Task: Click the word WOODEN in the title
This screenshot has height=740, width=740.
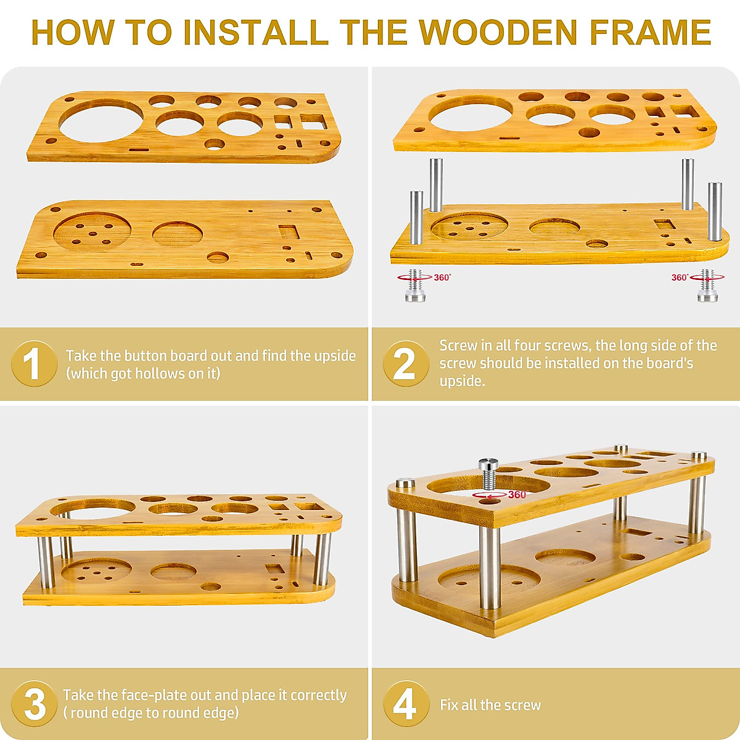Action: (x=498, y=33)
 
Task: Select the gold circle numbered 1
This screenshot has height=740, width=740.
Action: (x=34, y=364)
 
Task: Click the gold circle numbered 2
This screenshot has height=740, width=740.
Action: (x=406, y=364)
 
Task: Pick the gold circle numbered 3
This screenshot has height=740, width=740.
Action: (x=34, y=704)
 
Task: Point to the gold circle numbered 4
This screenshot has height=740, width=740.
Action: (x=406, y=704)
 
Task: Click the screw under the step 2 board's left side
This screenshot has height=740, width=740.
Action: (x=415, y=286)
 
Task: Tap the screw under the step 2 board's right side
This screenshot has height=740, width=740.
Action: (x=707, y=286)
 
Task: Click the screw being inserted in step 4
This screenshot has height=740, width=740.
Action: (x=488, y=474)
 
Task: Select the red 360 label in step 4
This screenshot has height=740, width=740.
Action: (x=517, y=495)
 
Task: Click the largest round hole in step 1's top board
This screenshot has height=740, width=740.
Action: (x=101, y=120)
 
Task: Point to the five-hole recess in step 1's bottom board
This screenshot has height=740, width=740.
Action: (x=92, y=232)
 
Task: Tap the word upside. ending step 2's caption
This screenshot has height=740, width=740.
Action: (x=462, y=381)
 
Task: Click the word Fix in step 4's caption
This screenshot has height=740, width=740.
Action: (x=448, y=705)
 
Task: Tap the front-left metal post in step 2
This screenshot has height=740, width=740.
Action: (x=416, y=218)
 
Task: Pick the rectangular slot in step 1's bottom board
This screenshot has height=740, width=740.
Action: (x=289, y=232)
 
